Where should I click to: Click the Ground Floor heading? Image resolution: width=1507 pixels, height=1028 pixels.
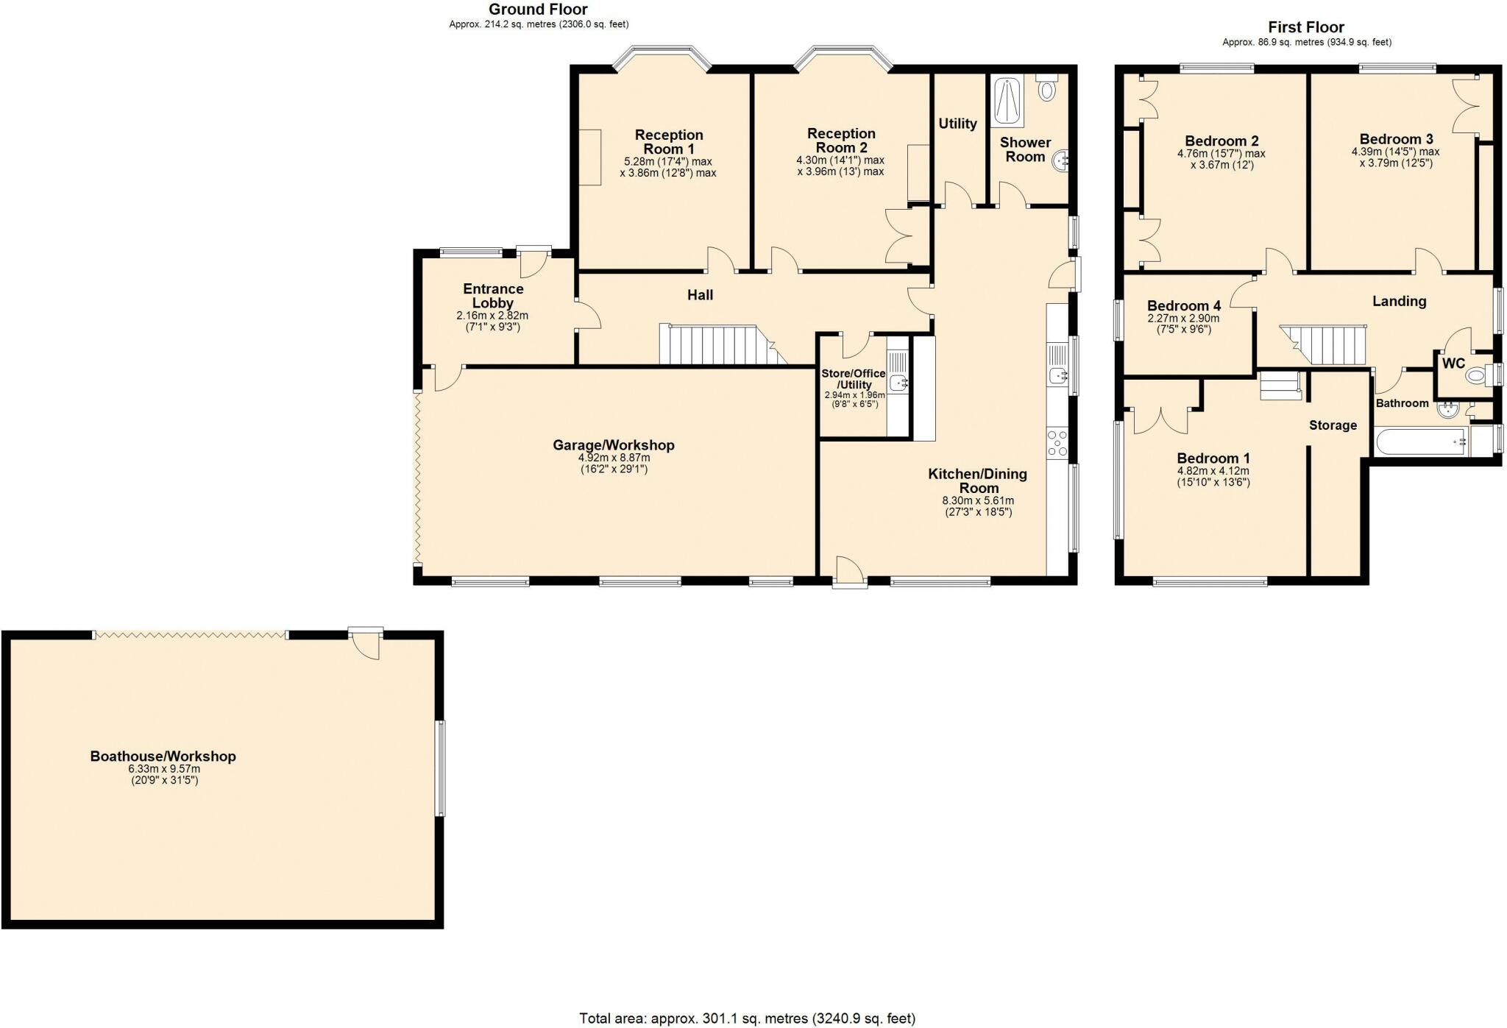coord(538,10)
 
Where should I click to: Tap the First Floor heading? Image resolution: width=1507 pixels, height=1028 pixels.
coord(1306,27)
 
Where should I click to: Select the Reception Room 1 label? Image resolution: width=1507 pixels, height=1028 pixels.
coord(669,141)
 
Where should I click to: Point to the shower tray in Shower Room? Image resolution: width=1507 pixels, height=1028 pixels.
coord(1007,101)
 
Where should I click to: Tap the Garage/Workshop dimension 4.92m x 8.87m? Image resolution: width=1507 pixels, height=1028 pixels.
coord(614,458)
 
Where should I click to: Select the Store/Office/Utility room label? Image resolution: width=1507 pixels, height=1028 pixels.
coord(854,379)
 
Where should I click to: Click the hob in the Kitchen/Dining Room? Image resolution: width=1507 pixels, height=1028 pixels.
coord(1057,444)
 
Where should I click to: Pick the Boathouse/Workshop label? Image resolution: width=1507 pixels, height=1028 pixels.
coord(163,756)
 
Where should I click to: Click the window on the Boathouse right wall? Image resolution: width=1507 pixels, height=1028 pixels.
coord(441,768)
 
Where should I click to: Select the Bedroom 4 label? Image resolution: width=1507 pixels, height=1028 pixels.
coord(1183,306)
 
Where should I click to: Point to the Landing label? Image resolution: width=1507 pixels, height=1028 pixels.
coord(1399,301)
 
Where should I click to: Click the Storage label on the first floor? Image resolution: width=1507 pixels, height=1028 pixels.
coord(1333,425)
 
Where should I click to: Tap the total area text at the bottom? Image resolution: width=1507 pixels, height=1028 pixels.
coord(747,1018)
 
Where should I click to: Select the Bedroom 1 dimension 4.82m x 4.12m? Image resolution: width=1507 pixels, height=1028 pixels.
coord(1213,472)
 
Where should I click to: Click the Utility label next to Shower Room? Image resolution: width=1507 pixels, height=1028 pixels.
coord(957,124)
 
